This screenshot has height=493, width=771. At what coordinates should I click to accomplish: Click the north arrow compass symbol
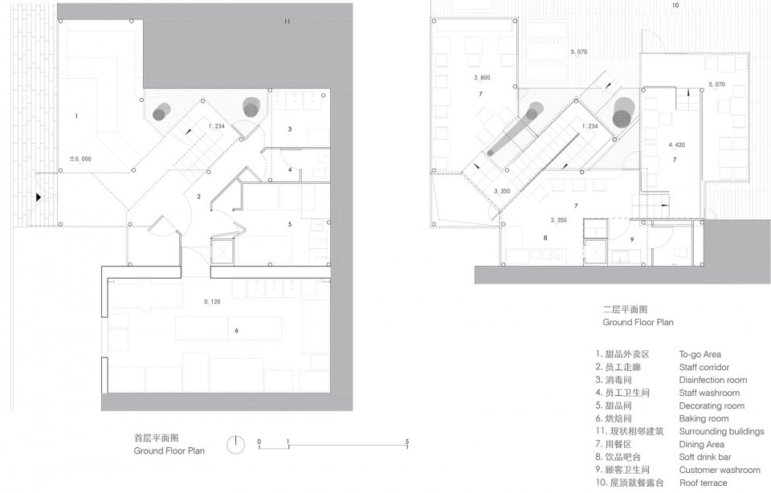pos(236,445)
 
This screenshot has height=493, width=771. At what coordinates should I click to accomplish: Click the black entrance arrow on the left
pos(39,197)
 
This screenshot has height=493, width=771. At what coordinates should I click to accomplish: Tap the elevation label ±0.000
pos(80,159)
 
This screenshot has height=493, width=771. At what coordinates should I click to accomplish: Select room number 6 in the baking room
pos(236,330)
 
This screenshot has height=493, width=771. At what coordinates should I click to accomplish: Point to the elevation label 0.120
pos(212,302)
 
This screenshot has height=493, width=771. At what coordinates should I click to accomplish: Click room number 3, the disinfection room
pos(290,129)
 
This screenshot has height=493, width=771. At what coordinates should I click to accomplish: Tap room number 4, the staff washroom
pos(290,170)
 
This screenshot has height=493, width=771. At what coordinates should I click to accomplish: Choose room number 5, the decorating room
pos(290,224)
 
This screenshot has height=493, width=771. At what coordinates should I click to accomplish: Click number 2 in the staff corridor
pos(198,197)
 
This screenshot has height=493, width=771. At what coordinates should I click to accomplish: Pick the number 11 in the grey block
pos(288,22)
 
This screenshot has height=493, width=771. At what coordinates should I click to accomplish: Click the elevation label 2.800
pos(483,78)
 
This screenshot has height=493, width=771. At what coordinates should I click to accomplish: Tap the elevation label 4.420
pos(676,145)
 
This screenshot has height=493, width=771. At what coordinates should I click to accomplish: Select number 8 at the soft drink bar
pos(545,238)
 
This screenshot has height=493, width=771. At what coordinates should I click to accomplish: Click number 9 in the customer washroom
pos(632,240)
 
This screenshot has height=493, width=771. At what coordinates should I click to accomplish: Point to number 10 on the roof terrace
pos(675,6)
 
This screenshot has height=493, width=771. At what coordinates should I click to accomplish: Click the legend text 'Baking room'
pos(704,418)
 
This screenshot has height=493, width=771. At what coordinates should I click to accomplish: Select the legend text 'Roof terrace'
pos(704,483)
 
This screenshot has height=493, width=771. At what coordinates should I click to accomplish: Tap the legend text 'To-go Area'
pos(700,354)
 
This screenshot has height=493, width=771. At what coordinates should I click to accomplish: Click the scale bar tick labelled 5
pos(407,442)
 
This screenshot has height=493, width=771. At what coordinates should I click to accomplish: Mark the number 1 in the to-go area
pos(76,116)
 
